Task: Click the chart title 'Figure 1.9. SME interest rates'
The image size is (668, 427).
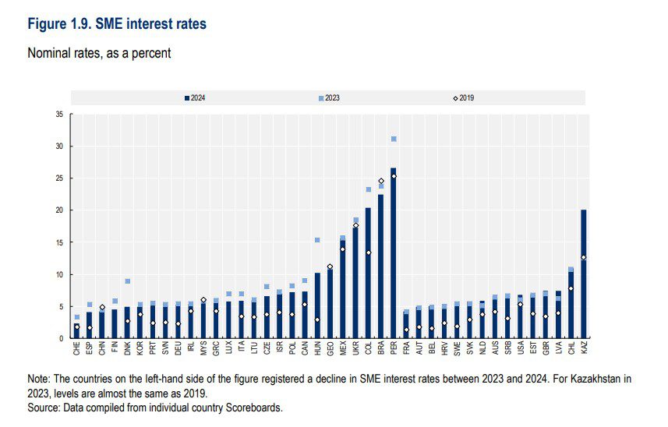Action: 117,24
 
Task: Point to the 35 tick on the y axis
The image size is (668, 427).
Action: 60,115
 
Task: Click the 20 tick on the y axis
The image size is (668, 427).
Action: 60,210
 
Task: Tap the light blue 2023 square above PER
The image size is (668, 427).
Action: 394,139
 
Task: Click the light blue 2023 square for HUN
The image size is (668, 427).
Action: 317,240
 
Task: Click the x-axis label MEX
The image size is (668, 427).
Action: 343,349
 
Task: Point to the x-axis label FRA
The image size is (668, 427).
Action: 406,349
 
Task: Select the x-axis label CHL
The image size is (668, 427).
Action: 571,349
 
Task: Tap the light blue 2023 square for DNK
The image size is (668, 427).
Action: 127,281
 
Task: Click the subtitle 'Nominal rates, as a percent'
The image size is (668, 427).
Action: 99,54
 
